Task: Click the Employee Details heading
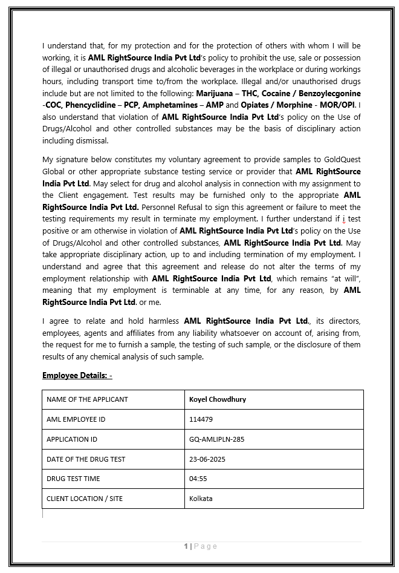[77, 376]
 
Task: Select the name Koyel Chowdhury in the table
[218, 399]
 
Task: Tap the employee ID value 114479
[201, 419]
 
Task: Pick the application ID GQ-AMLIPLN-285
[216, 439]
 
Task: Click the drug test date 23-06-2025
[207, 459]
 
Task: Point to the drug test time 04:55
[198, 479]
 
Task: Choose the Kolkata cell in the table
[201, 499]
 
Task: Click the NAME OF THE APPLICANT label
[87, 399]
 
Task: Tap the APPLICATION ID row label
[71, 439]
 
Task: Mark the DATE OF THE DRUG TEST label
[86, 459]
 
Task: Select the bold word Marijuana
[216, 94]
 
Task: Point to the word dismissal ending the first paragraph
[91, 141]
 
